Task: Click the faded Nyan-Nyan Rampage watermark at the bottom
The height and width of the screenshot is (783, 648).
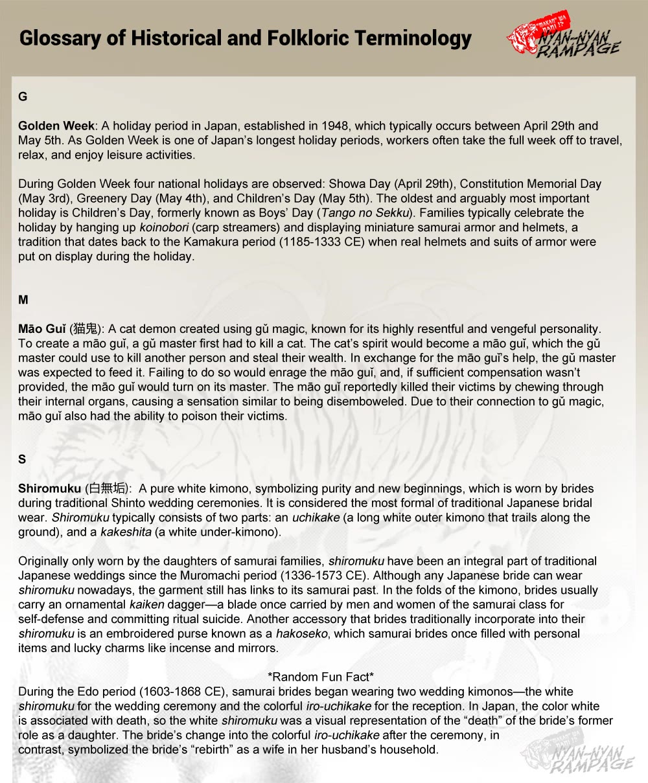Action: [x=578, y=757]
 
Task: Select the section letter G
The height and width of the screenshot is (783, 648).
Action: [x=23, y=97]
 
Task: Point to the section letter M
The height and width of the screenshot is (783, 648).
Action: [x=23, y=300]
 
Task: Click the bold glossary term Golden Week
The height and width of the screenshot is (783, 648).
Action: [x=56, y=126]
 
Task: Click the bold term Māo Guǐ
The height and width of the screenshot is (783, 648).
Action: [x=41, y=329]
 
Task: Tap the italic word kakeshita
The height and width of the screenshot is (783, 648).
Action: [x=126, y=532]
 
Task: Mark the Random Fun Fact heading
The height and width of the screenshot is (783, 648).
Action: [x=321, y=677]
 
